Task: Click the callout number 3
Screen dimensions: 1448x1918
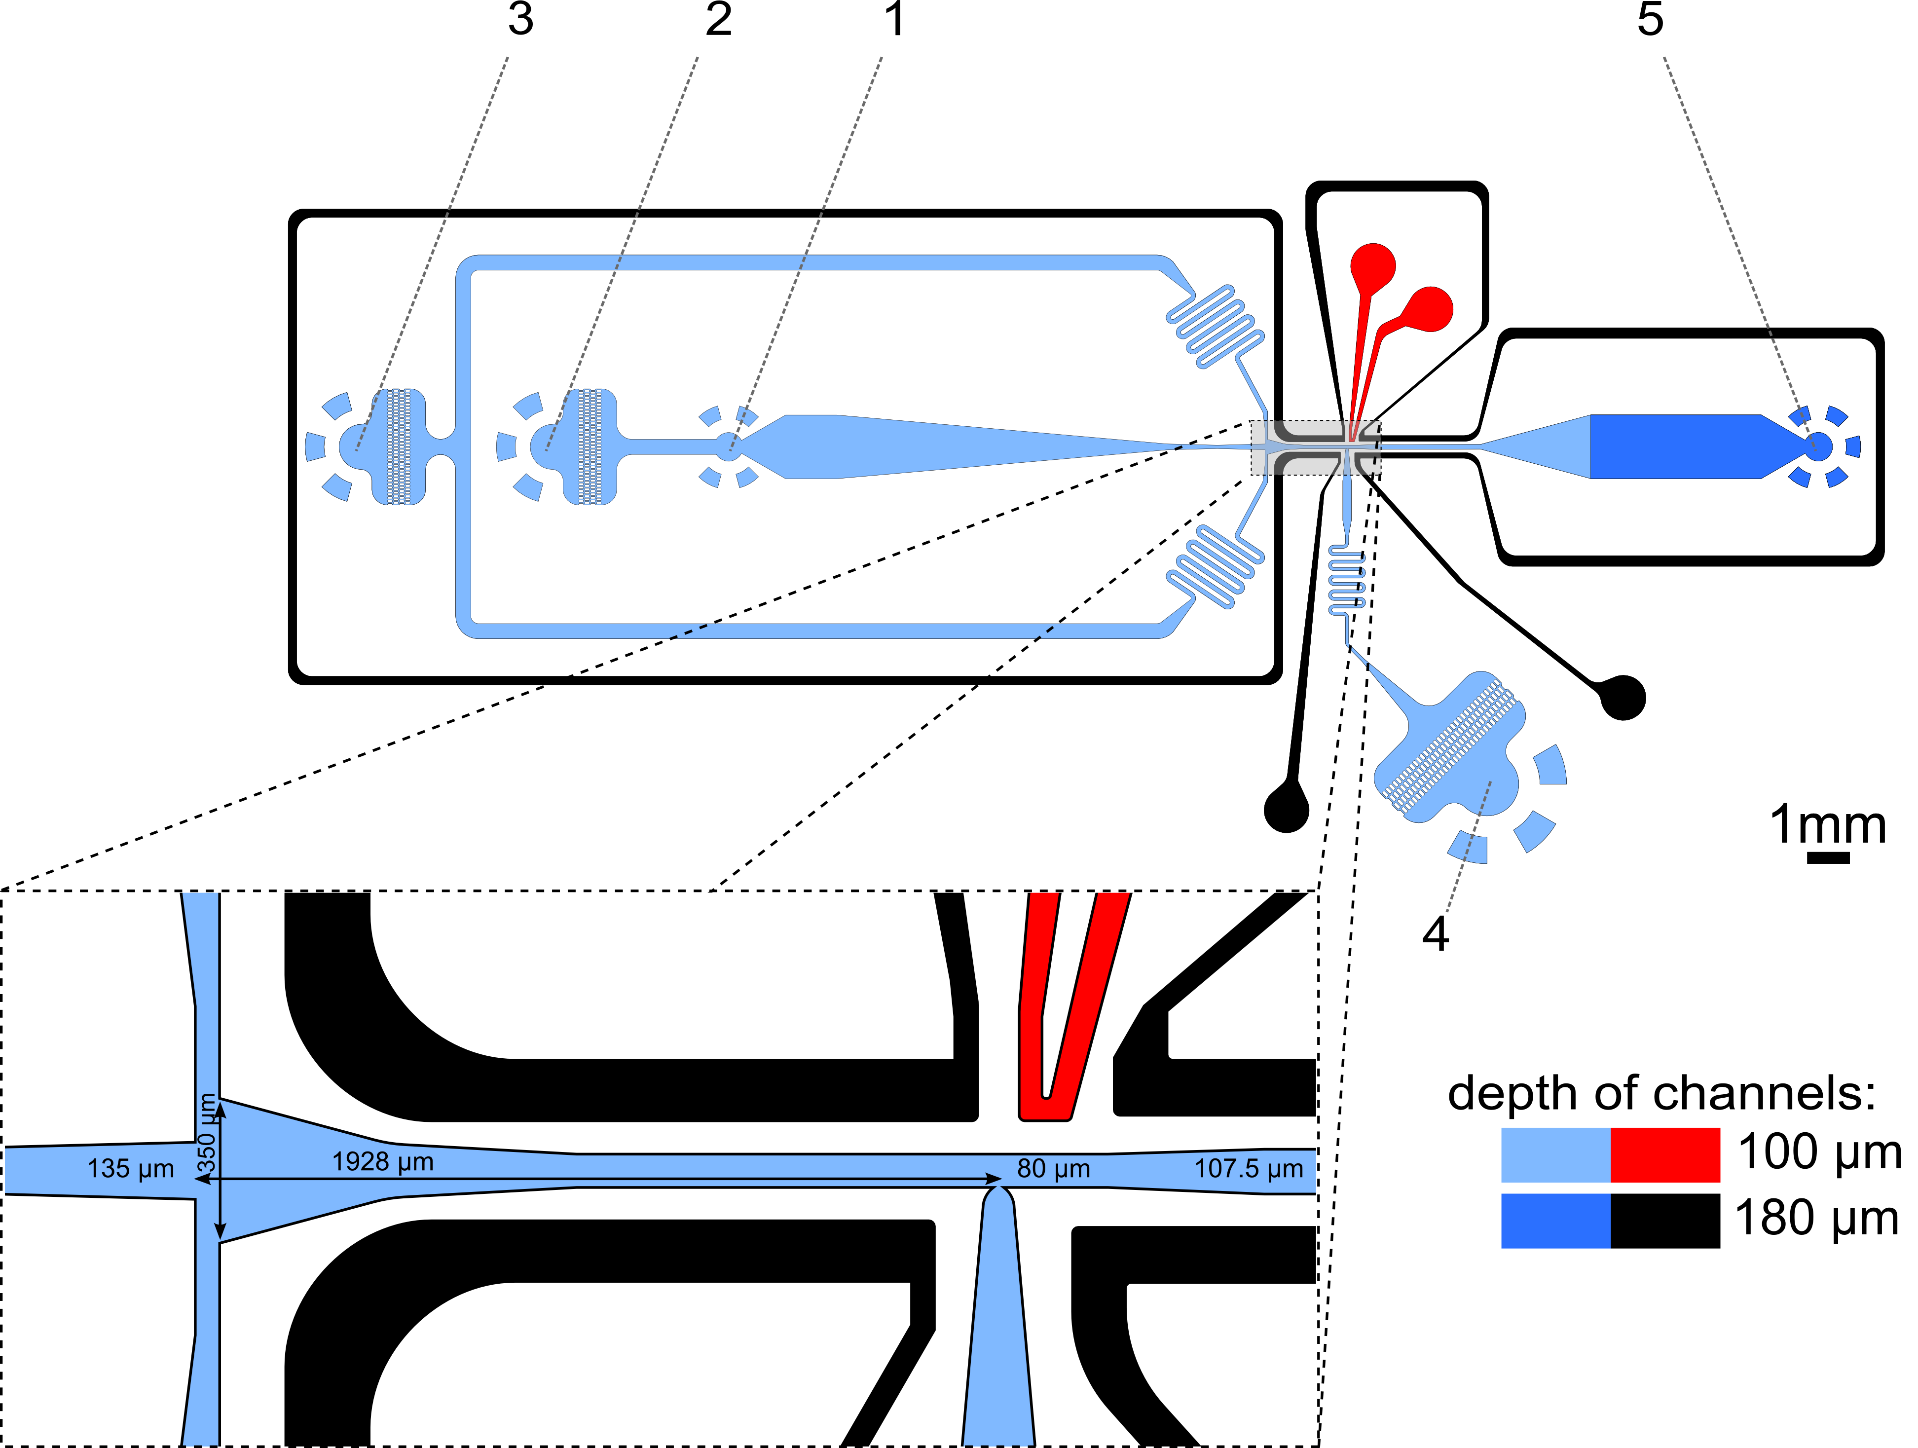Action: pos(520,19)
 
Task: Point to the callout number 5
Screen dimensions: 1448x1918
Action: pos(1650,19)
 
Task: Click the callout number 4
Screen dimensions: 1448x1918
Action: pos(1436,934)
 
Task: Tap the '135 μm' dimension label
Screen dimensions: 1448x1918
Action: pos(131,1169)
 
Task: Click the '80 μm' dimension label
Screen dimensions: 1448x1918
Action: pos(1054,1169)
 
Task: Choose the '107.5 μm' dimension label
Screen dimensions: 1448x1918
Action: pos(1249,1169)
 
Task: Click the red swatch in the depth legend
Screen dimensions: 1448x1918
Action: pos(1665,1155)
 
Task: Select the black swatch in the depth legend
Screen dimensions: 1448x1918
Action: pos(1665,1221)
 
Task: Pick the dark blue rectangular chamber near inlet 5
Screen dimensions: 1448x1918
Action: pos(1678,446)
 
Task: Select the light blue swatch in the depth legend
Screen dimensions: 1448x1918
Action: pos(1555,1155)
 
